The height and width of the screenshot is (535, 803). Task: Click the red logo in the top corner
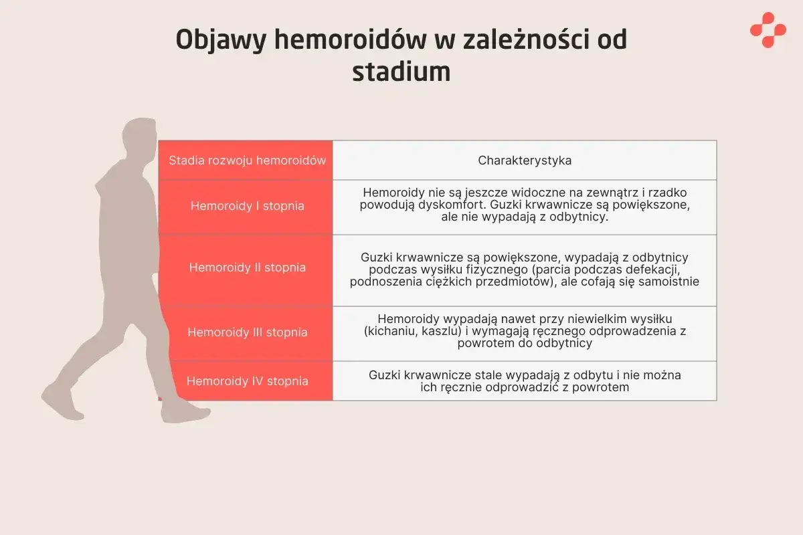(768, 30)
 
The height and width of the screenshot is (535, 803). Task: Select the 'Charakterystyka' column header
(525, 160)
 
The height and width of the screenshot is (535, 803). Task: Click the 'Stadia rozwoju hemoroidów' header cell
(247, 160)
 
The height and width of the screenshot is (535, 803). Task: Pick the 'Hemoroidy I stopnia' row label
(247, 206)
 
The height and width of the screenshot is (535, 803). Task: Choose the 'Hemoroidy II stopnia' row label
(247, 267)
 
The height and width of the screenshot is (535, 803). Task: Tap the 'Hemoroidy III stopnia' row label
(247, 332)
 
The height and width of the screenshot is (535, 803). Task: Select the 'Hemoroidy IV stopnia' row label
(247, 381)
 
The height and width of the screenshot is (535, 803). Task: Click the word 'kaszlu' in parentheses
(440, 330)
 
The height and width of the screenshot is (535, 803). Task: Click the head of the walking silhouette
(141, 137)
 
